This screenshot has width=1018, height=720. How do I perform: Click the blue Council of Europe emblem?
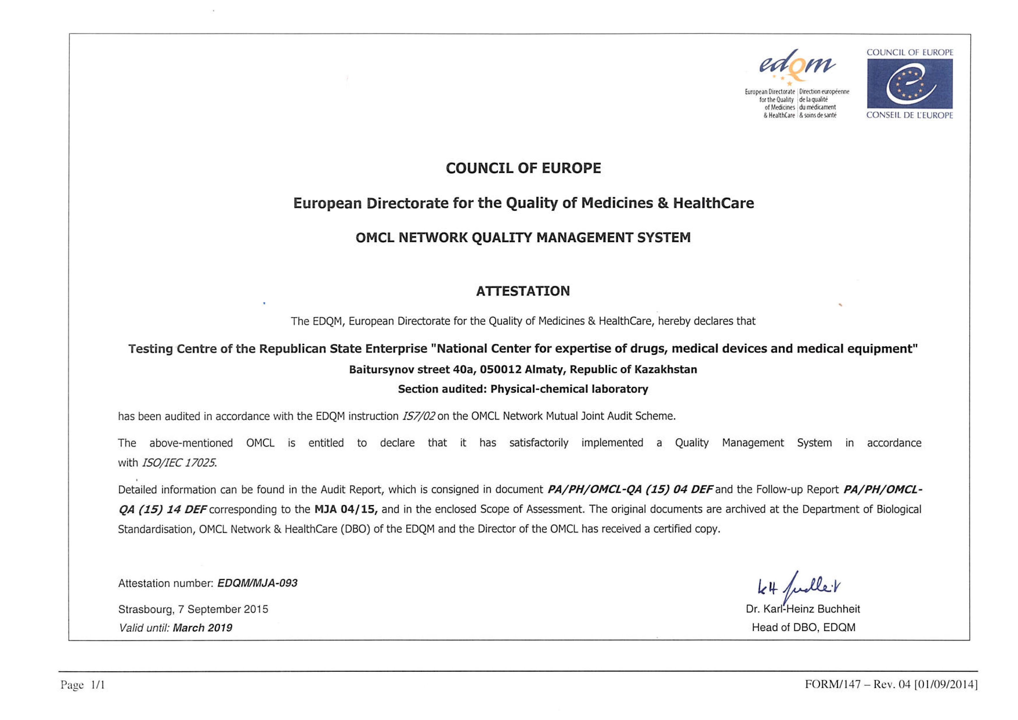point(910,84)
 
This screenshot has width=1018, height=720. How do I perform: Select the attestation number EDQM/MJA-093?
point(257,583)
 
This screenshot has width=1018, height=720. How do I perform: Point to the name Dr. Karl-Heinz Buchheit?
point(802,609)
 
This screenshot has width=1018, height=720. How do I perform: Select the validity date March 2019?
point(203,628)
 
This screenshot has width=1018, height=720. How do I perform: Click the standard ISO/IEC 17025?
point(179,463)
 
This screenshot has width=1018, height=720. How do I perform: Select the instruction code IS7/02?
point(418,416)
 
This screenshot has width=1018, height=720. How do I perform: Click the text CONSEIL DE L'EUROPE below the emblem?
point(909,115)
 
